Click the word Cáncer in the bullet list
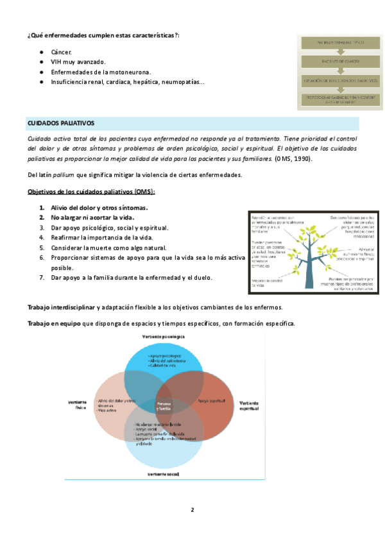click(x=62, y=51)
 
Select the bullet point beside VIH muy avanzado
click(x=41, y=62)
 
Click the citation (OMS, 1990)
click(x=295, y=158)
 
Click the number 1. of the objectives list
click(x=42, y=208)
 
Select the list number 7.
click(x=42, y=278)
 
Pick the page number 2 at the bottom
click(x=192, y=510)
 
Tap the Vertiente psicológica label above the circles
click(x=164, y=336)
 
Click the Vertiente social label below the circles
click(x=163, y=474)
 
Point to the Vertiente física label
click(x=76, y=404)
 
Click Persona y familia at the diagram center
click(x=164, y=405)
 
